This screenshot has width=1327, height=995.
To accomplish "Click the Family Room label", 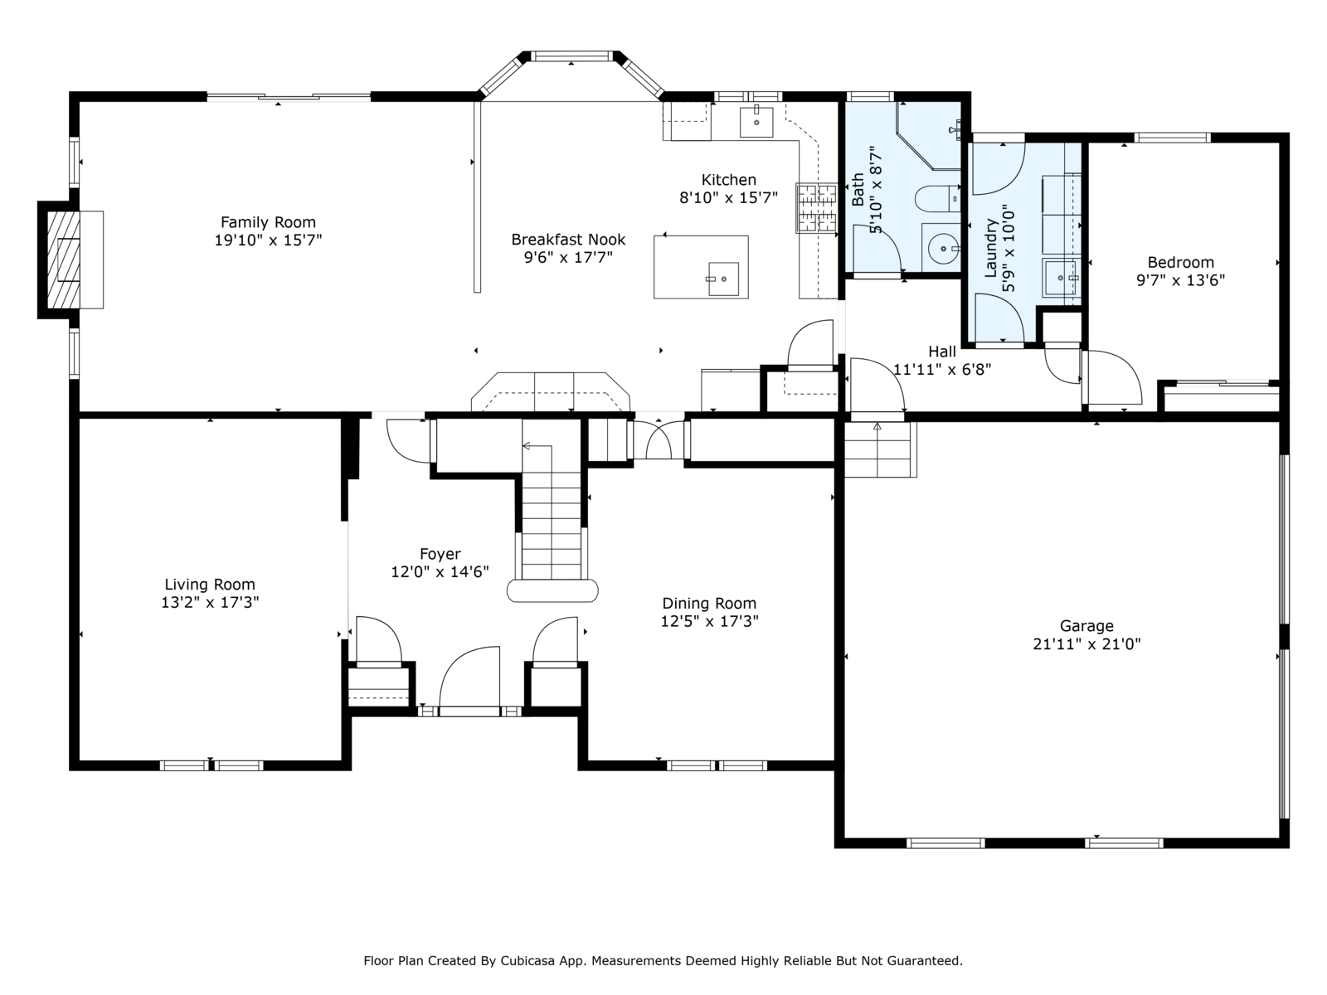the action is click(x=268, y=222).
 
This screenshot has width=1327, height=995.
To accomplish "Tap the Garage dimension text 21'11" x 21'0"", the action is click(x=1086, y=644).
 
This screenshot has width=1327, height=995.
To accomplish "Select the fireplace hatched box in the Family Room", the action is click(x=63, y=260).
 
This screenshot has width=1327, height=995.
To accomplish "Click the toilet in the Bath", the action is click(x=937, y=199).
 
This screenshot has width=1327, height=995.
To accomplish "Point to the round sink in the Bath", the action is click(x=943, y=248).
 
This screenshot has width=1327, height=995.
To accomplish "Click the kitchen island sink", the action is click(x=723, y=279).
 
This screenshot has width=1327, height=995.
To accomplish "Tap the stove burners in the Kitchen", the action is click(x=816, y=208).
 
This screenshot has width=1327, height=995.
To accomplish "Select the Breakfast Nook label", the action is click(x=568, y=240).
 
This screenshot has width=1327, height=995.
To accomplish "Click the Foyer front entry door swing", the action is click(x=469, y=680).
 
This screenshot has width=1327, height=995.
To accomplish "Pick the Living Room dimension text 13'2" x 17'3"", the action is click(x=210, y=602).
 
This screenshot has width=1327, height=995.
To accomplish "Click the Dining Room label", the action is click(x=709, y=604).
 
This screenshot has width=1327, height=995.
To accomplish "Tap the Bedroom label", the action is click(x=1181, y=263).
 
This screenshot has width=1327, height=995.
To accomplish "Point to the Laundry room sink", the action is click(x=1061, y=278).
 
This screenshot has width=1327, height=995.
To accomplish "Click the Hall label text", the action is click(x=942, y=352).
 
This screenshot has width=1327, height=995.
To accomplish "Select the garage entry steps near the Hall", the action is click(x=880, y=449).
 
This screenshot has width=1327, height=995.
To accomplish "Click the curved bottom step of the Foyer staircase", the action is click(x=552, y=591).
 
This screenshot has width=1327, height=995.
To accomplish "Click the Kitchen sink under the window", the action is click(x=756, y=122).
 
